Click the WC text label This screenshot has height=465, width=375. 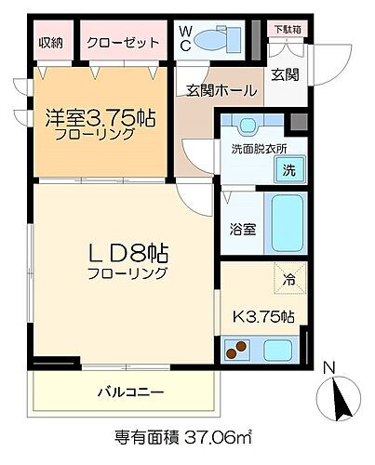[x=186, y=38]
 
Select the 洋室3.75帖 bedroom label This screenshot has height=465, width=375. [x=101, y=119]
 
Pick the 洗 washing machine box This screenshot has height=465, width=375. [x=288, y=169]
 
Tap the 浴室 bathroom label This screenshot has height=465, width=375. [x=240, y=226]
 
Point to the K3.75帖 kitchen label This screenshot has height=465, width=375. [x=263, y=316]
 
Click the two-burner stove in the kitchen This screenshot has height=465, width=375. [x=239, y=351]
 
